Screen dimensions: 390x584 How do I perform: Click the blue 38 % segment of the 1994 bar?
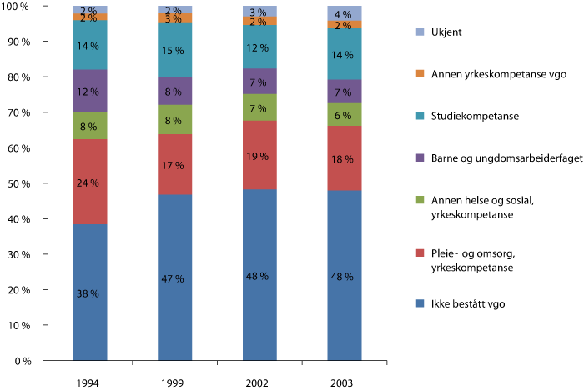[90, 292]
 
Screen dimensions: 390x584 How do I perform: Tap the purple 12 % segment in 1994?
[90, 91]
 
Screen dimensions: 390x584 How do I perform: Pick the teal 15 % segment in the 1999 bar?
[175, 51]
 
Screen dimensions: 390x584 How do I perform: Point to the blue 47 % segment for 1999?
[175, 277]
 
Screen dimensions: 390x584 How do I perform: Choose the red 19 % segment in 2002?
[259, 156]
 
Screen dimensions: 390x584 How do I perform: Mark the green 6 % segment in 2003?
[345, 115]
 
